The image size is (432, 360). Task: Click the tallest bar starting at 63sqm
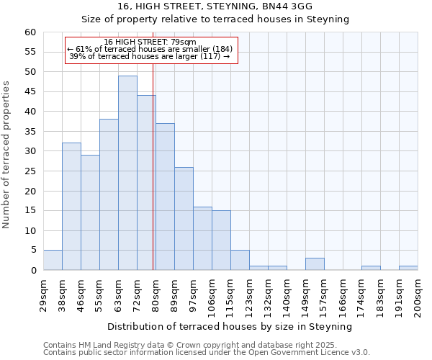[127, 173]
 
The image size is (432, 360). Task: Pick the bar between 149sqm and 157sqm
[315, 264]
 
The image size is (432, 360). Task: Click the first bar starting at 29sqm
[53, 260]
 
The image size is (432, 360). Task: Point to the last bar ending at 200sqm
[408, 268]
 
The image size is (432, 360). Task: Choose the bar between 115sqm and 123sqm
[240, 260]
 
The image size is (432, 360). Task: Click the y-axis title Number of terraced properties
[6, 155]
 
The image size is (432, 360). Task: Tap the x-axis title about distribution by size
[230, 326]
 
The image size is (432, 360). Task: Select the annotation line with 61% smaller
[150, 49]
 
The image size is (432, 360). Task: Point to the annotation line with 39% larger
[150, 56]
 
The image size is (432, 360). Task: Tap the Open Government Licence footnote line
[207, 352]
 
